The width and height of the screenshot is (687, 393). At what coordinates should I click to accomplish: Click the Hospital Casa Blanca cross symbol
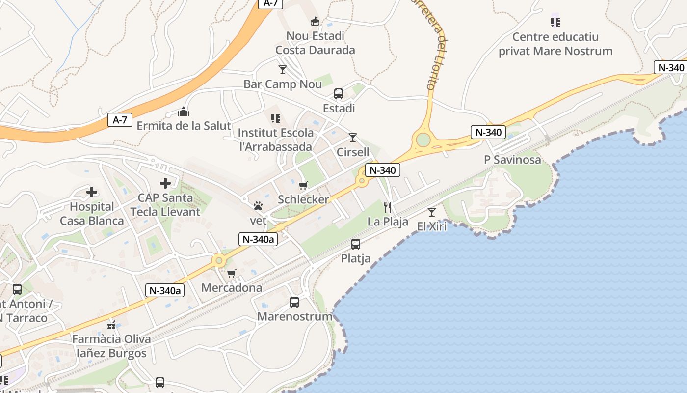tap(92, 192)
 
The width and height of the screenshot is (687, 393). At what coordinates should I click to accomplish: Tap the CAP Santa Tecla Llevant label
tap(165, 205)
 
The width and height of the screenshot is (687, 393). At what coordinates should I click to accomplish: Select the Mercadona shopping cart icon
tap(232, 273)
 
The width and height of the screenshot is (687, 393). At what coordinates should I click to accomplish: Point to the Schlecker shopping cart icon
tap(303, 185)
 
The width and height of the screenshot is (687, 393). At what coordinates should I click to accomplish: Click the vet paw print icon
tap(258, 206)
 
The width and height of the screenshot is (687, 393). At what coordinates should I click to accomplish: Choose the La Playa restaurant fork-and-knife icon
tap(388, 207)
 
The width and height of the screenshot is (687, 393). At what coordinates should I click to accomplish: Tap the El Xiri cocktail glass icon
tap(432, 212)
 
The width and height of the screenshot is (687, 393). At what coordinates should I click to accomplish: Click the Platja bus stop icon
tap(356, 244)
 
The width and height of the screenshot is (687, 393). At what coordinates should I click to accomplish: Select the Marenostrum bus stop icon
tap(294, 302)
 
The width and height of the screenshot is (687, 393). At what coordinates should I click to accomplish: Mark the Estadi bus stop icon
tap(339, 93)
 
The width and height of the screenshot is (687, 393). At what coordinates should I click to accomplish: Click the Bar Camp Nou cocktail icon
tap(283, 69)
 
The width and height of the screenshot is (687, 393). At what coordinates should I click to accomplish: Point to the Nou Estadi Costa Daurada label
tap(315, 43)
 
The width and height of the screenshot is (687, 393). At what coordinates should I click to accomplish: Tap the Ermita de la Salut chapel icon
tap(184, 112)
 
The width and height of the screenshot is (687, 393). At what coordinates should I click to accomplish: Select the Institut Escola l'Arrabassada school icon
tap(276, 118)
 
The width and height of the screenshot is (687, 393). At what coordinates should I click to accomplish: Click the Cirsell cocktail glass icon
tap(353, 137)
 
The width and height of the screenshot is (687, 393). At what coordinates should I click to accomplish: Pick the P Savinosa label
tap(512, 160)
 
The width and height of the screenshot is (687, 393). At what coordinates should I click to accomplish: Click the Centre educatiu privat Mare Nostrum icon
tap(555, 22)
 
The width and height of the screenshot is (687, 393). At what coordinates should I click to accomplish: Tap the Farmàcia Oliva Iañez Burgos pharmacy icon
tap(111, 325)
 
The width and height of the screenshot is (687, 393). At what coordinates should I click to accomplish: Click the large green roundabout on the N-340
tap(423, 140)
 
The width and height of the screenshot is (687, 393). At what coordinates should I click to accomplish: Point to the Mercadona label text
tap(232, 287)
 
